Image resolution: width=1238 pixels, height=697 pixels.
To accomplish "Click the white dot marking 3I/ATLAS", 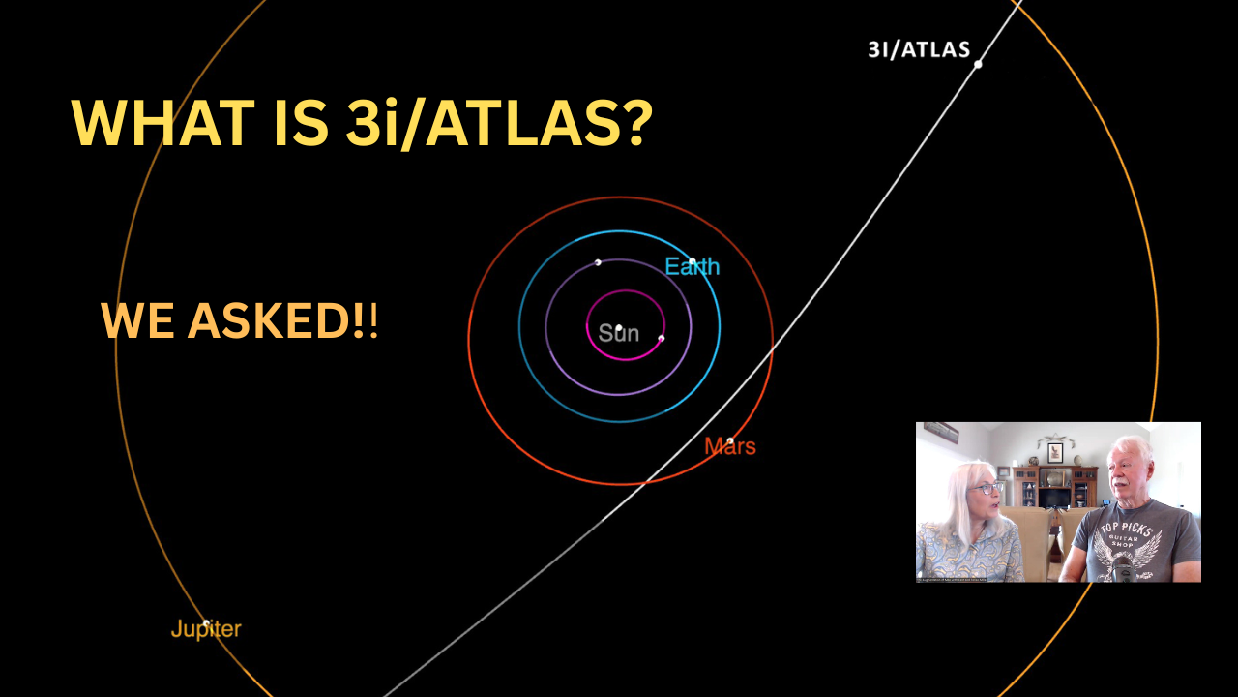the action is [978, 64].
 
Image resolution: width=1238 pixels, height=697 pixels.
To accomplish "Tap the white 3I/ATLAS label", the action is [919, 49].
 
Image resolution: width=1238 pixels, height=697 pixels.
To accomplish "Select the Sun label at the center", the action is [618, 333].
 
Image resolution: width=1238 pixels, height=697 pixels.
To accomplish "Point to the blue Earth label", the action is [692, 266].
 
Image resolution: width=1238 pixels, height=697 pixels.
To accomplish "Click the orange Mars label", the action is [729, 446].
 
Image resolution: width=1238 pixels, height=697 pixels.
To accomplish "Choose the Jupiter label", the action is [206, 629].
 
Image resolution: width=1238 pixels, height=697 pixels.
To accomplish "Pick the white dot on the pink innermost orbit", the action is [662, 338].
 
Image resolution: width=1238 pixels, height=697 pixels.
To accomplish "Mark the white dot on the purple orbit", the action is [598, 262].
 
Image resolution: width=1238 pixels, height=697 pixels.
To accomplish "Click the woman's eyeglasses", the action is [987, 489].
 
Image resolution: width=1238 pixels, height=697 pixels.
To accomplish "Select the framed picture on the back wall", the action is [1055, 452].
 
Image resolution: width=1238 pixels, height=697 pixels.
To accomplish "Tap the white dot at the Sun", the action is [619, 328].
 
